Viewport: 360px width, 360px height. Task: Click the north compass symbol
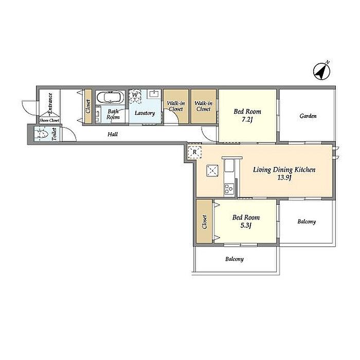tap(322, 71)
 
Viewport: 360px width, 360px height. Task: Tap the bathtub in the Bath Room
tap(110, 97)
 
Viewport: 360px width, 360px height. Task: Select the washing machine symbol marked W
tap(135, 97)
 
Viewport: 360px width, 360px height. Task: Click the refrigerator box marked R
tap(195, 152)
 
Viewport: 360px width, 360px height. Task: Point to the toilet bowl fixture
tap(42, 134)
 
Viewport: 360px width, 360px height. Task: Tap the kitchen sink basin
tap(229, 166)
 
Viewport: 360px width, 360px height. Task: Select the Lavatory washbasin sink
tap(154, 94)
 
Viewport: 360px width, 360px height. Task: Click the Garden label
tap(308, 116)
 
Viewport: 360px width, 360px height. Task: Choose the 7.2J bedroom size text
tap(247, 120)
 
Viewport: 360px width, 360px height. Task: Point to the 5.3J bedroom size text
tap(246, 226)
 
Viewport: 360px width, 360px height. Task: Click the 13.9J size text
tap(284, 178)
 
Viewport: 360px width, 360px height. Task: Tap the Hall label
tap(113, 134)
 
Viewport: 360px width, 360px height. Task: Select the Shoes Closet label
tap(49, 120)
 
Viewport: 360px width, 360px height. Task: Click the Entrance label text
tap(50, 102)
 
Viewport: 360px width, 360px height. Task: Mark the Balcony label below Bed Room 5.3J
tap(235, 259)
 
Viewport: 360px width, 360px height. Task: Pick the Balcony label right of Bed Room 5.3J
tap(307, 222)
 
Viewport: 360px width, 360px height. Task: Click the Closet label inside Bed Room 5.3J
tap(204, 222)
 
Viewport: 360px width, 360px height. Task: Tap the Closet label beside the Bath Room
tap(88, 106)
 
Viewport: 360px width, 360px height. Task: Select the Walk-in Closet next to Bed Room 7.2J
tap(204, 106)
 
